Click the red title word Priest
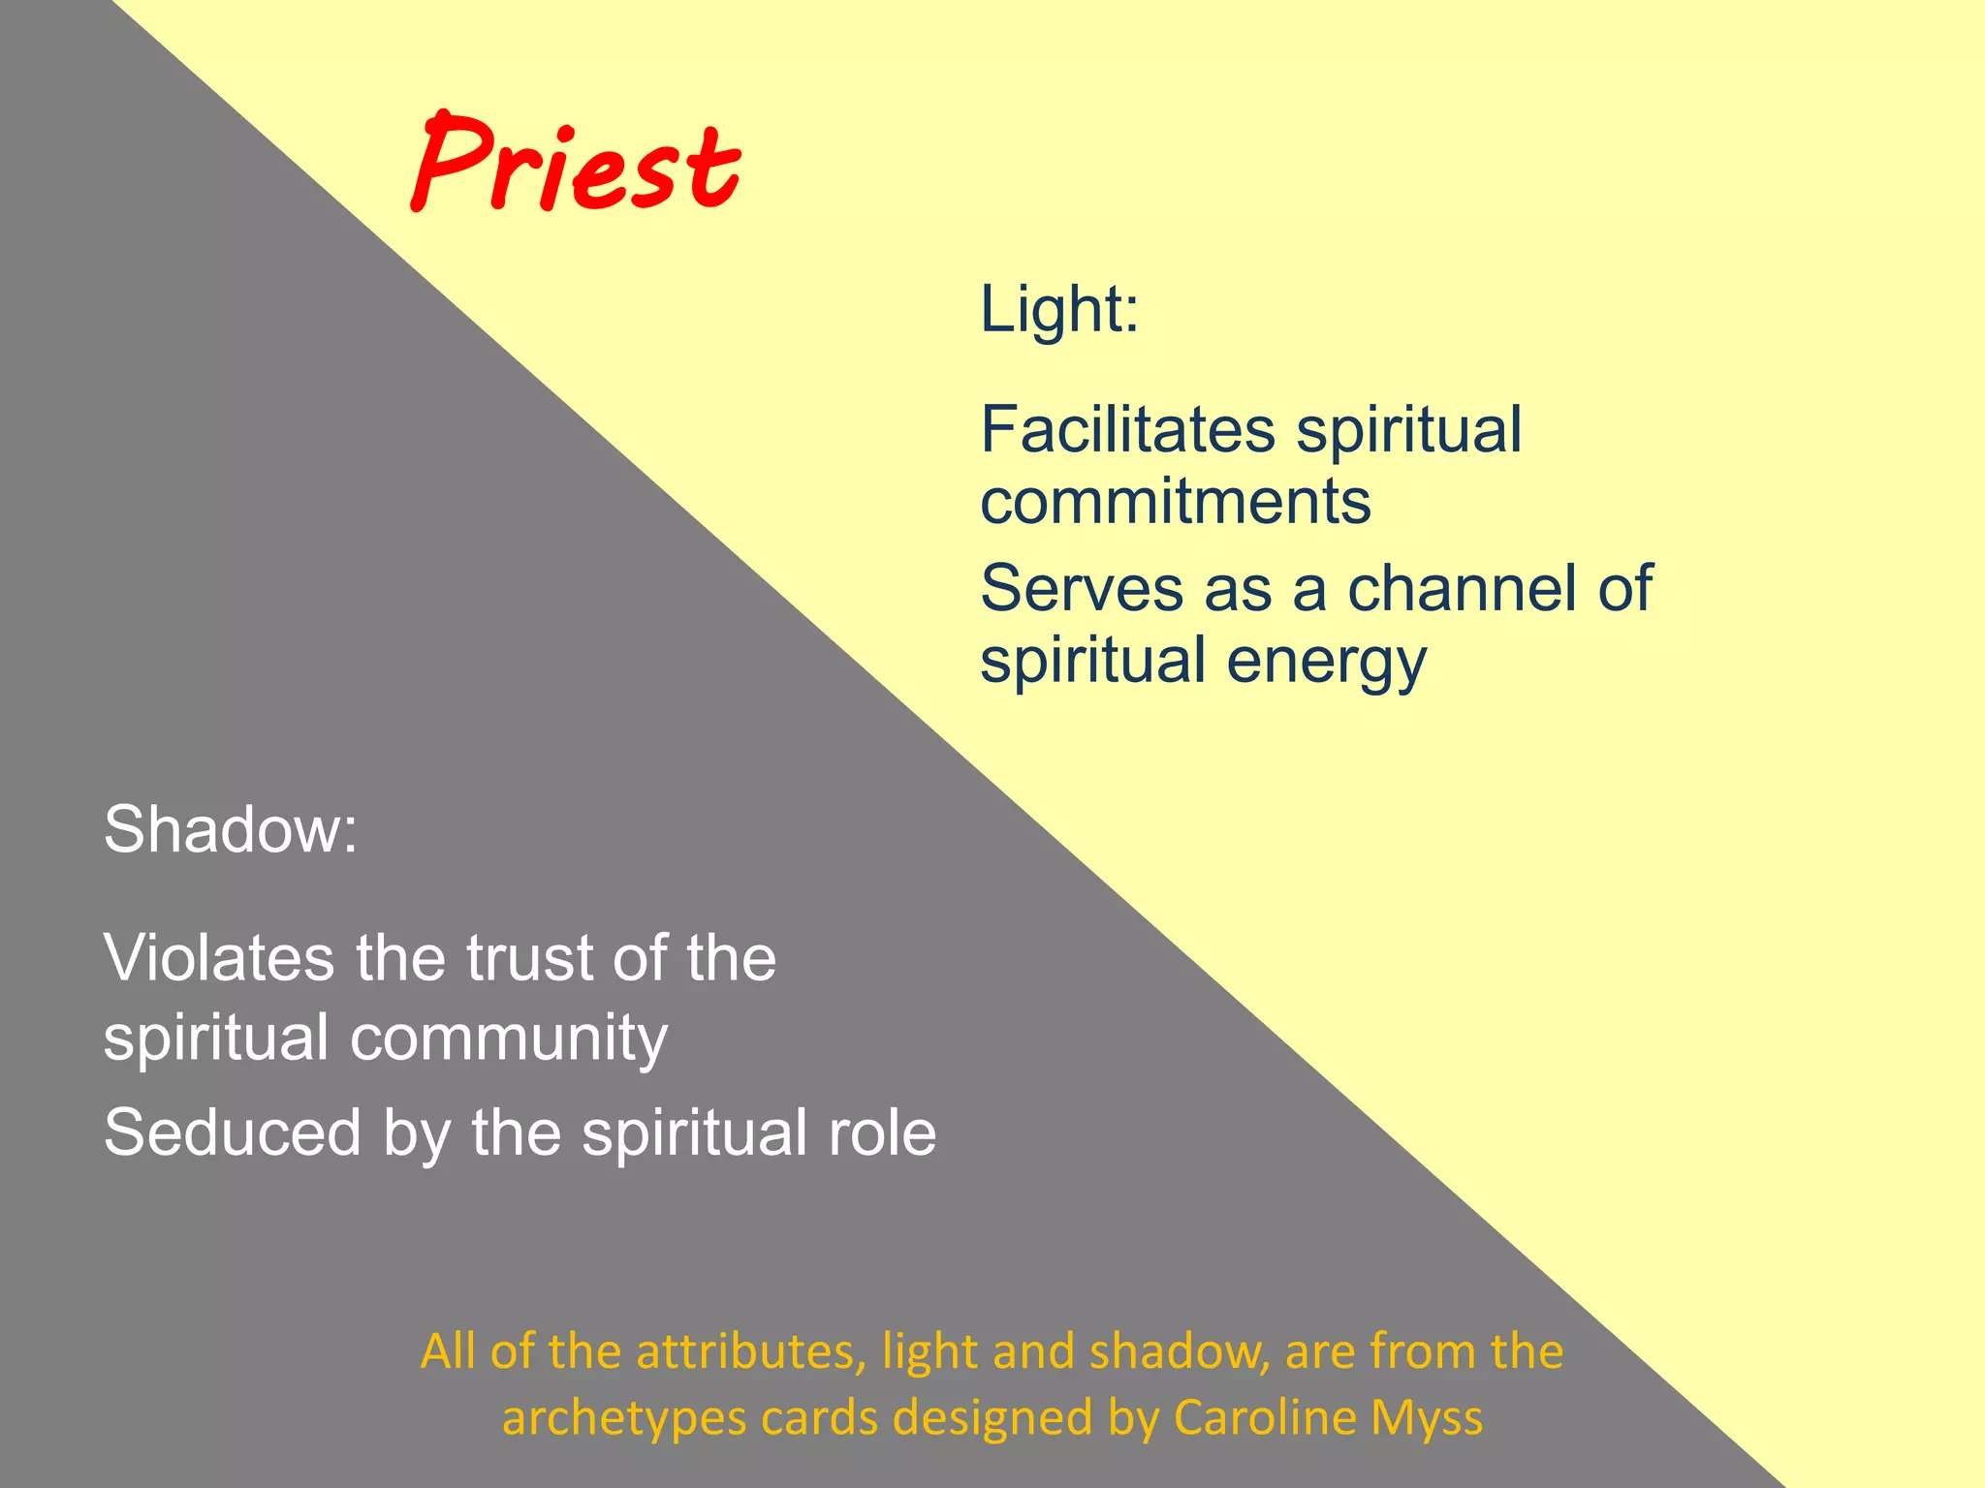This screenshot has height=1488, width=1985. pyautogui.click(x=576, y=165)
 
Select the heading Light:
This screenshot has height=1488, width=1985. pyautogui.click(x=1058, y=310)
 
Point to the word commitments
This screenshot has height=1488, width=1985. pyautogui.click(x=1176, y=502)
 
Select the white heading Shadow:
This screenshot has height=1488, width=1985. pyautogui.click(x=231, y=830)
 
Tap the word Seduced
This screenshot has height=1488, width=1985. pyautogui.click(x=233, y=1133)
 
